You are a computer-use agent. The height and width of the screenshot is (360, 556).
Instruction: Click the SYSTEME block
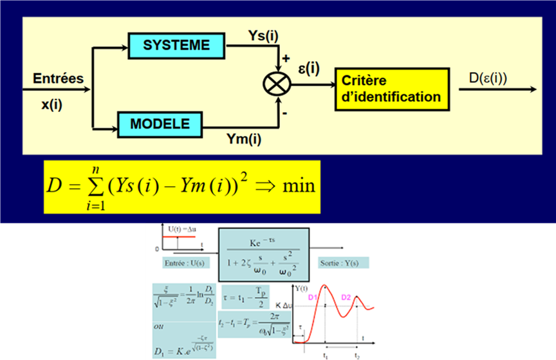click(x=176, y=46)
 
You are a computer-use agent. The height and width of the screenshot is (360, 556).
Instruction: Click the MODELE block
click(x=160, y=124)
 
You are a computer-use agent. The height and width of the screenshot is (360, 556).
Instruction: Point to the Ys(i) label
click(x=263, y=35)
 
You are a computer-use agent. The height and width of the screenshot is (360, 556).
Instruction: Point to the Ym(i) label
click(x=245, y=138)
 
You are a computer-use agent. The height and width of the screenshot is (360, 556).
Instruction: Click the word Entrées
click(x=59, y=79)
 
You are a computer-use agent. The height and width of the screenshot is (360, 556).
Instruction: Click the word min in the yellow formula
click(x=297, y=185)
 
